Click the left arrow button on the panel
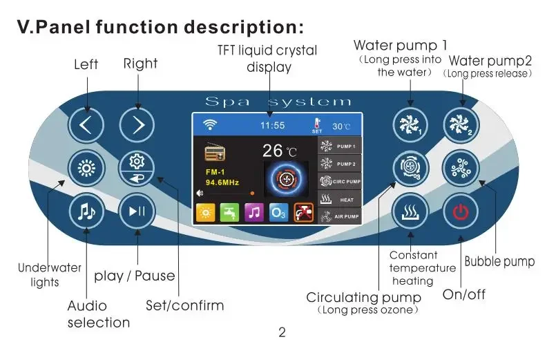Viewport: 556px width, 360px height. click(86, 125)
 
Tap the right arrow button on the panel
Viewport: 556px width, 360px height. click(137, 125)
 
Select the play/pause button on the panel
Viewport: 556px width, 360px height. click(137, 211)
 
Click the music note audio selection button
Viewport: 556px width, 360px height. click(86, 211)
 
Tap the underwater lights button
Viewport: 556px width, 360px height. click(86, 168)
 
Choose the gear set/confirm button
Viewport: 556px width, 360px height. click(137, 168)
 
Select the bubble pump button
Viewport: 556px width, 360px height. click(461, 169)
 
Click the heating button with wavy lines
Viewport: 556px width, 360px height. click(410, 211)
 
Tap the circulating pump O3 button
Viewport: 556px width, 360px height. click(411, 169)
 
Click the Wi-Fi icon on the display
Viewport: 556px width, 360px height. click(210, 125)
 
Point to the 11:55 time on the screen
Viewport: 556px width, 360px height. click(272, 125)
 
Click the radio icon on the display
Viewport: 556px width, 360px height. click(215, 152)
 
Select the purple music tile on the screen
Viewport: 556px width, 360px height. click(254, 212)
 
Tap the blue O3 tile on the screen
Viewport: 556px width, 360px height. click(278, 212)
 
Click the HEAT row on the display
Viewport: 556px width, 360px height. click(340, 199)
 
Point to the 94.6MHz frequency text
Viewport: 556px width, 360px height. click(222, 182)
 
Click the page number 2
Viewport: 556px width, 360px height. click(282, 332)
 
